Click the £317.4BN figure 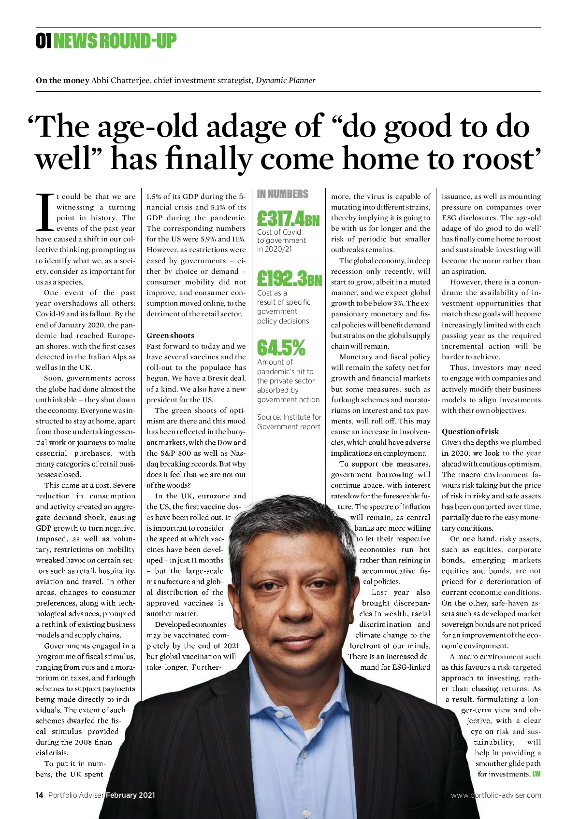click(288, 219)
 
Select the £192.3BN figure click(289, 279)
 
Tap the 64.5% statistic click(281, 347)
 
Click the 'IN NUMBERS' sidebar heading click(282, 194)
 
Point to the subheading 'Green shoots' click(170, 336)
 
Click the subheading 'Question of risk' click(470, 432)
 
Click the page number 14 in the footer click(40, 795)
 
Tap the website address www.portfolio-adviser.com click(496, 795)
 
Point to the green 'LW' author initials click(536, 774)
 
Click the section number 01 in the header click(43, 42)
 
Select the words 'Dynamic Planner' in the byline click(285, 80)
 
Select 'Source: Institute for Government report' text click(289, 422)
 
